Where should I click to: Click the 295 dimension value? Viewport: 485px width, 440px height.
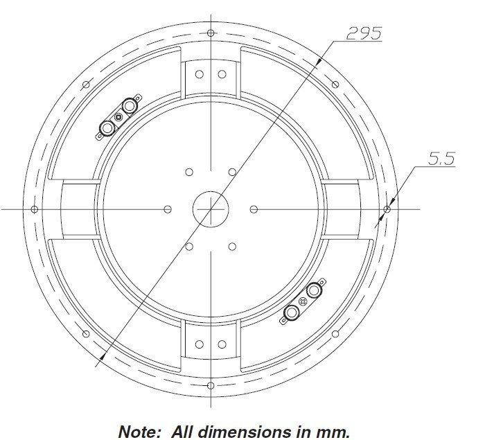pos(363,33)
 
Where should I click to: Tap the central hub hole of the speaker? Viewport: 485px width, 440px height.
pos(210,208)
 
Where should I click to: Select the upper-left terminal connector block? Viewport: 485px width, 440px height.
pos(118,118)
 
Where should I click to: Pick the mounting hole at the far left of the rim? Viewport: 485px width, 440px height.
pos(34,208)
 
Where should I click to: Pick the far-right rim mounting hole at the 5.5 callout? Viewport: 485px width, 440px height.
pos(387,208)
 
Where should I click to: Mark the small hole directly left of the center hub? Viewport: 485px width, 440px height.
pos(168,208)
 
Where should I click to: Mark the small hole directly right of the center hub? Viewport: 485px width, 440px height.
pos(252,208)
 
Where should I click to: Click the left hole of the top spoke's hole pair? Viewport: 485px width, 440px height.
pos(199,73)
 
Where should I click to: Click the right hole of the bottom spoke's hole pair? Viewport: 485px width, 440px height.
pos(222,344)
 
